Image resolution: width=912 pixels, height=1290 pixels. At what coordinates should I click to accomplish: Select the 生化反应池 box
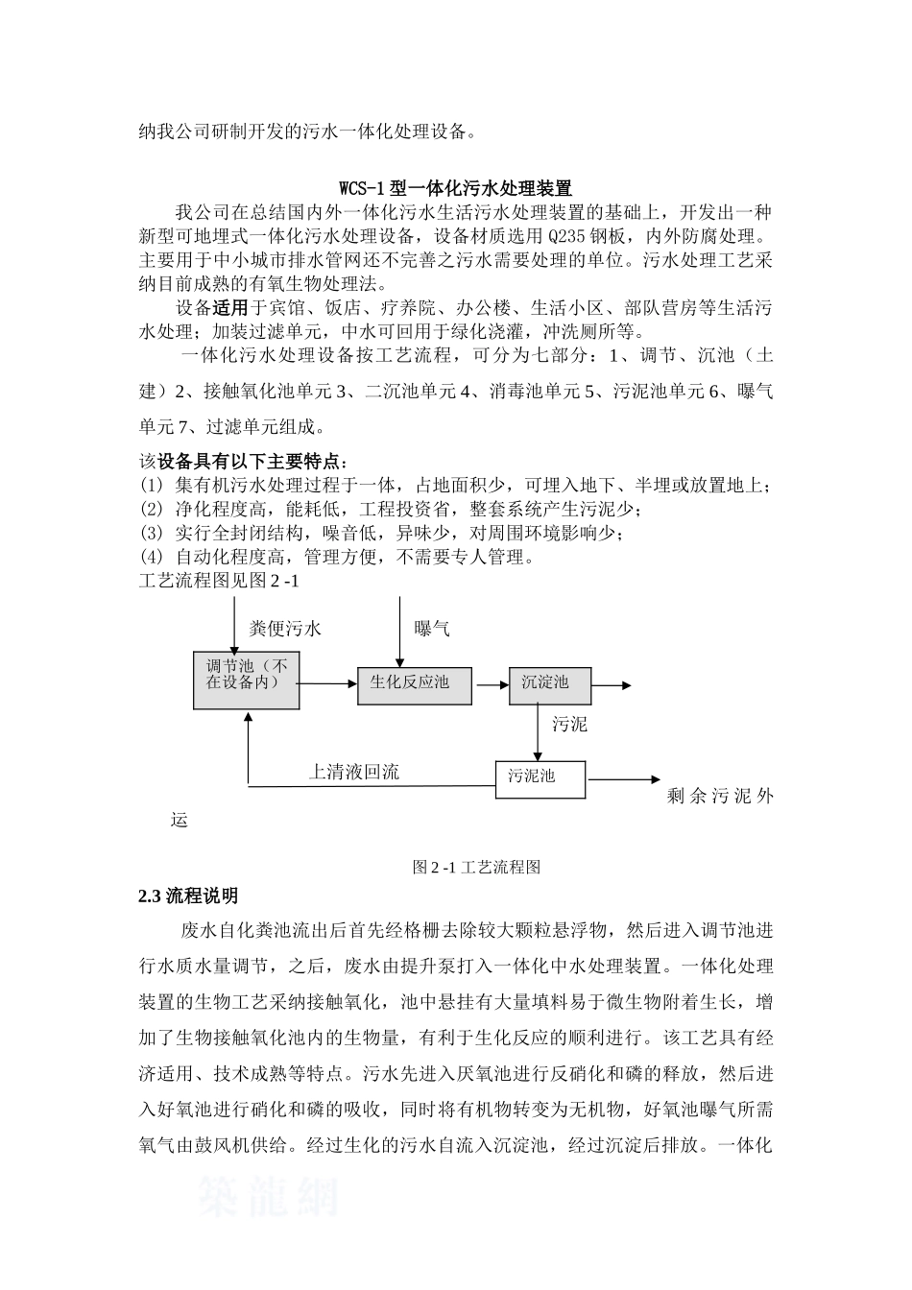[415, 684]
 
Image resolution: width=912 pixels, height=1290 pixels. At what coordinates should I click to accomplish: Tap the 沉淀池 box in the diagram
[549, 684]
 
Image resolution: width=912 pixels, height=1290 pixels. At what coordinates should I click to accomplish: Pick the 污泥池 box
[540, 777]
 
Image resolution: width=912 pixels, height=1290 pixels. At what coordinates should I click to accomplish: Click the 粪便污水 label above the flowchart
[285, 630]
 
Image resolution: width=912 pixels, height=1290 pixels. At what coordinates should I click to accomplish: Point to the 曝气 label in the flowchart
[432, 630]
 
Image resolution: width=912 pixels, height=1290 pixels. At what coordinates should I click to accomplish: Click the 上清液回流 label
[353, 772]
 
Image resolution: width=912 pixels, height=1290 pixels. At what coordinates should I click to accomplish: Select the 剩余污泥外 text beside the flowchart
[719, 796]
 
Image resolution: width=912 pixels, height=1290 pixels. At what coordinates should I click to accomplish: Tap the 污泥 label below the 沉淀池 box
[569, 725]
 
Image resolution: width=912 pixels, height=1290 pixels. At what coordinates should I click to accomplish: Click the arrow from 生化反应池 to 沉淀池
[491, 685]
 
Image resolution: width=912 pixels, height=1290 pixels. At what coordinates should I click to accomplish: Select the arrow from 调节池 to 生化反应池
[327, 684]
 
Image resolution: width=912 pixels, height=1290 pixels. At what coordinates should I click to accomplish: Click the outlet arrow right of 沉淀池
[612, 685]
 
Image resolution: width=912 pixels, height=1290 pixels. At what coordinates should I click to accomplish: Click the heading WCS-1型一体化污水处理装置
[456, 187]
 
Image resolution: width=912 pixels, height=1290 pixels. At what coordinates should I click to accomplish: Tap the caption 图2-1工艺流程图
[476, 867]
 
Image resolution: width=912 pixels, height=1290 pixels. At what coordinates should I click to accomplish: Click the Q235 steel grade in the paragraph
[567, 236]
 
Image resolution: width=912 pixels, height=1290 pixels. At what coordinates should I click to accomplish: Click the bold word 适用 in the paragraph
[230, 308]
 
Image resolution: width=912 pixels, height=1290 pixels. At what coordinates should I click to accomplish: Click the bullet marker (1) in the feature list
[152, 486]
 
